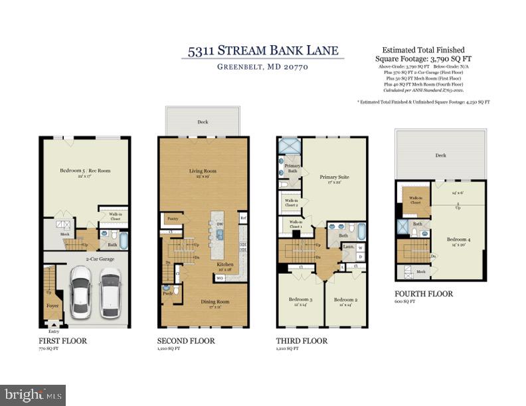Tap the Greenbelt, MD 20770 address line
point(262,67)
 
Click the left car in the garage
point(82,292)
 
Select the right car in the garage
point(110,293)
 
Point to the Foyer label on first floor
point(51,306)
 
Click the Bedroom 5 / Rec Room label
point(84,171)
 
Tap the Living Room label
point(203,171)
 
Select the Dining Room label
point(201,302)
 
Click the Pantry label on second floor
point(172,218)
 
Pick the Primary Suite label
point(334,177)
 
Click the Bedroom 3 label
point(300,300)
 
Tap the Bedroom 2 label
point(345,300)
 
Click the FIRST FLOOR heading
point(62,341)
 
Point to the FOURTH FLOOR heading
point(424,293)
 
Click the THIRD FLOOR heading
point(301,341)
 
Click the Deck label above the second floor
point(203,122)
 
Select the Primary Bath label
point(293,167)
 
